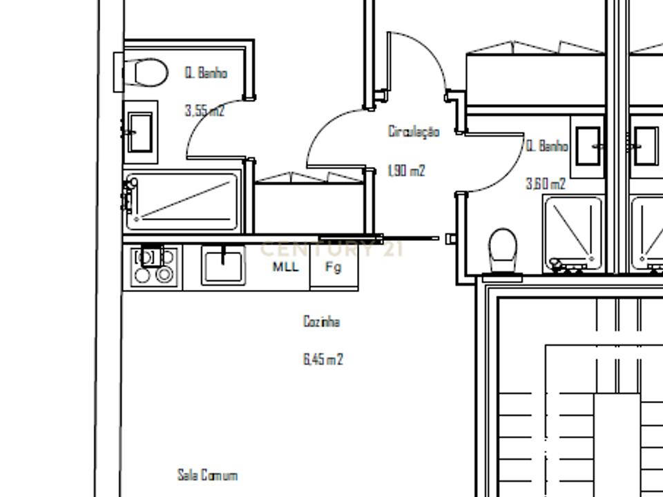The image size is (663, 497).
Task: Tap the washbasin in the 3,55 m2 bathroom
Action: pyautogui.click(x=140, y=133)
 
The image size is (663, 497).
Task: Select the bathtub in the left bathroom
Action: pyautogui.click(x=182, y=202)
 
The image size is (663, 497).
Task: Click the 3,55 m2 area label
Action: pyautogui.click(x=204, y=110)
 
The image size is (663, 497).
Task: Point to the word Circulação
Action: pyautogui.click(x=414, y=131)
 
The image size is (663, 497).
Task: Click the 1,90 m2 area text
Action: pyautogui.click(x=406, y=170)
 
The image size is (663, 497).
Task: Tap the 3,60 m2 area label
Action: pyautogui.click(x=546, y=184)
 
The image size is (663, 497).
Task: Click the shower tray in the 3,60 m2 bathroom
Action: pyautogui.click(x=573, y=233)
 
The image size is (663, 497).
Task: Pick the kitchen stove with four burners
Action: pyautogui.click(x=154, y=267)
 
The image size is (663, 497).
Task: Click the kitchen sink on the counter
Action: pyautogui.click(x=223, y=265)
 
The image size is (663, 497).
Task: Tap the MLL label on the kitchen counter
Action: pyautogui.click(x=285, y=267)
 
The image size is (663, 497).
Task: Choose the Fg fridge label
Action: pyautogui.click(x=333, y=267)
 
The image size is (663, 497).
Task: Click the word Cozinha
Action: pyautogui.click(x=321, y=322)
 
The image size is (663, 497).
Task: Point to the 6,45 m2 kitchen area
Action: pyautogui.click(x=323, y=360)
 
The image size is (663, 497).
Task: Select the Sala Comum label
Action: pyautogui.click(x=207, y=475)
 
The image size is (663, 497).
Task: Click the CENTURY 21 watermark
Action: pyautogui.click(x=331, y=249)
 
